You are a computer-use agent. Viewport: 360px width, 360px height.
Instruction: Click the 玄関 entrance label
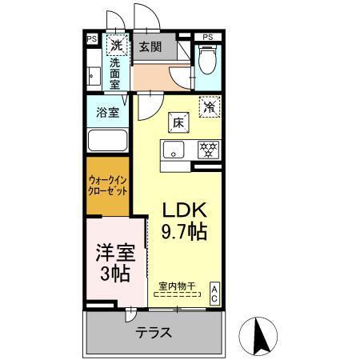(150, 47)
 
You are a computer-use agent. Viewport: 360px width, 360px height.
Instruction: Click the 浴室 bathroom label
(108, 112)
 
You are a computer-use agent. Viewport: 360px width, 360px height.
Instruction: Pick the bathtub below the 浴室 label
(108, 142)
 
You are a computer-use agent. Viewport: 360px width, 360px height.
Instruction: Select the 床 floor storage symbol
(178, 122)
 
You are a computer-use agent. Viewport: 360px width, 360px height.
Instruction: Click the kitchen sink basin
(175, 150)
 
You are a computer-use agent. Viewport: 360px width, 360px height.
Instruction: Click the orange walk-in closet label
(108, 186)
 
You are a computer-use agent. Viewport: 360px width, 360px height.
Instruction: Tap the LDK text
(186, 210)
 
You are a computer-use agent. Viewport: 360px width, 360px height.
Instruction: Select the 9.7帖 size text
(186, 232)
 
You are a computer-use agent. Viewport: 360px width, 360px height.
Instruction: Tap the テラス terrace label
(153, 330)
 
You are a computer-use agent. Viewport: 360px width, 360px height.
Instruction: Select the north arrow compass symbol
(258, 333)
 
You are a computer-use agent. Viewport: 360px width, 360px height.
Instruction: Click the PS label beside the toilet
(208, 37)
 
